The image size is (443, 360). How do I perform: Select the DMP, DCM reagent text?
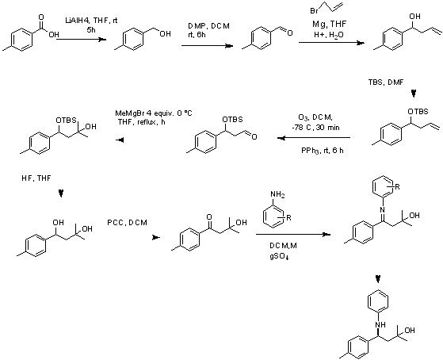pos(208,26)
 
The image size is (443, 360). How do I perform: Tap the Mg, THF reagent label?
pos(329,24)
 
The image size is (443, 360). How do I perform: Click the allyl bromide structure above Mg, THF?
pos(327,8)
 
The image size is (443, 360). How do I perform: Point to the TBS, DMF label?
pos(386,82)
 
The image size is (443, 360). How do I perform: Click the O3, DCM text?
pos(316,117)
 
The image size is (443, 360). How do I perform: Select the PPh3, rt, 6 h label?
pos(323,151)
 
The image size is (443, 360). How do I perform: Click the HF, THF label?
pos(36,178)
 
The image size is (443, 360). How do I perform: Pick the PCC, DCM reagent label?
pos(127,223)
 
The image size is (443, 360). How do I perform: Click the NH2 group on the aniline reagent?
pos(277,194)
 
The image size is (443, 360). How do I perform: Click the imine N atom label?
pos(382,210)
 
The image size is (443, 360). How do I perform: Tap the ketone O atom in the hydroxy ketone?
pos(209,217)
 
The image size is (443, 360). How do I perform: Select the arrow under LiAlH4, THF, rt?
pos(81,40)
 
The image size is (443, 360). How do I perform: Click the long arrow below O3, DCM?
pos(314,138)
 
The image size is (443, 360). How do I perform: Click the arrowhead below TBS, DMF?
pos(414,94)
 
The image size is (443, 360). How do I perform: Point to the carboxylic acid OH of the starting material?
pos(54,35)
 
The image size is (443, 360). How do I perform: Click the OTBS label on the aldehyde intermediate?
pos(232,120)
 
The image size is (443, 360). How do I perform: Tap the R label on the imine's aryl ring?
pos(397,187)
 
